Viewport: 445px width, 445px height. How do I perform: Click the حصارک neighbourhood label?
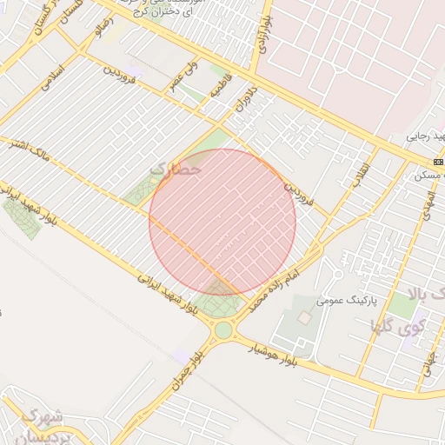coord(176,169)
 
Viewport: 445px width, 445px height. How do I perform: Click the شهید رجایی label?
coord(426,137)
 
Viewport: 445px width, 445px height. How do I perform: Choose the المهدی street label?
coord(426,202)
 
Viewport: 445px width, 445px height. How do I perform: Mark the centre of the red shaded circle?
coord(222,222)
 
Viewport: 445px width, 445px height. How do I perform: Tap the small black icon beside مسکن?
coord(438,162)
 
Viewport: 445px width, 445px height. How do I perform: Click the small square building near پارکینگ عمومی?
coord(303,318)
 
